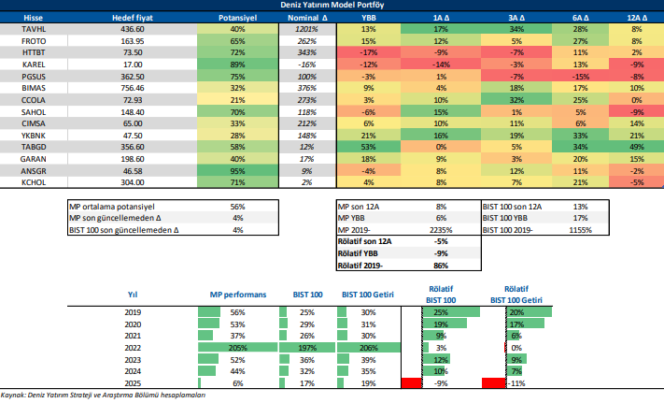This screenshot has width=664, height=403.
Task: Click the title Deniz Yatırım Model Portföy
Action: [332, 6]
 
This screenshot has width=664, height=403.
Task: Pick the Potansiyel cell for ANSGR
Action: [238, 171]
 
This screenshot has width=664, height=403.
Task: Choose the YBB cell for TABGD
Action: [369, 147]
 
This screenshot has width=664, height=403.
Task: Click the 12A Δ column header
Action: [636, 18]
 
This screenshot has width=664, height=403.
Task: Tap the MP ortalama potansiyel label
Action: [111, 206]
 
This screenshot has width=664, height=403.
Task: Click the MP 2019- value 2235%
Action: [444, 229]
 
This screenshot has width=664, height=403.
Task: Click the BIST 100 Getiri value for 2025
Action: [367, 382]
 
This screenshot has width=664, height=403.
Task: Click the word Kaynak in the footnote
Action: [14, 396]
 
